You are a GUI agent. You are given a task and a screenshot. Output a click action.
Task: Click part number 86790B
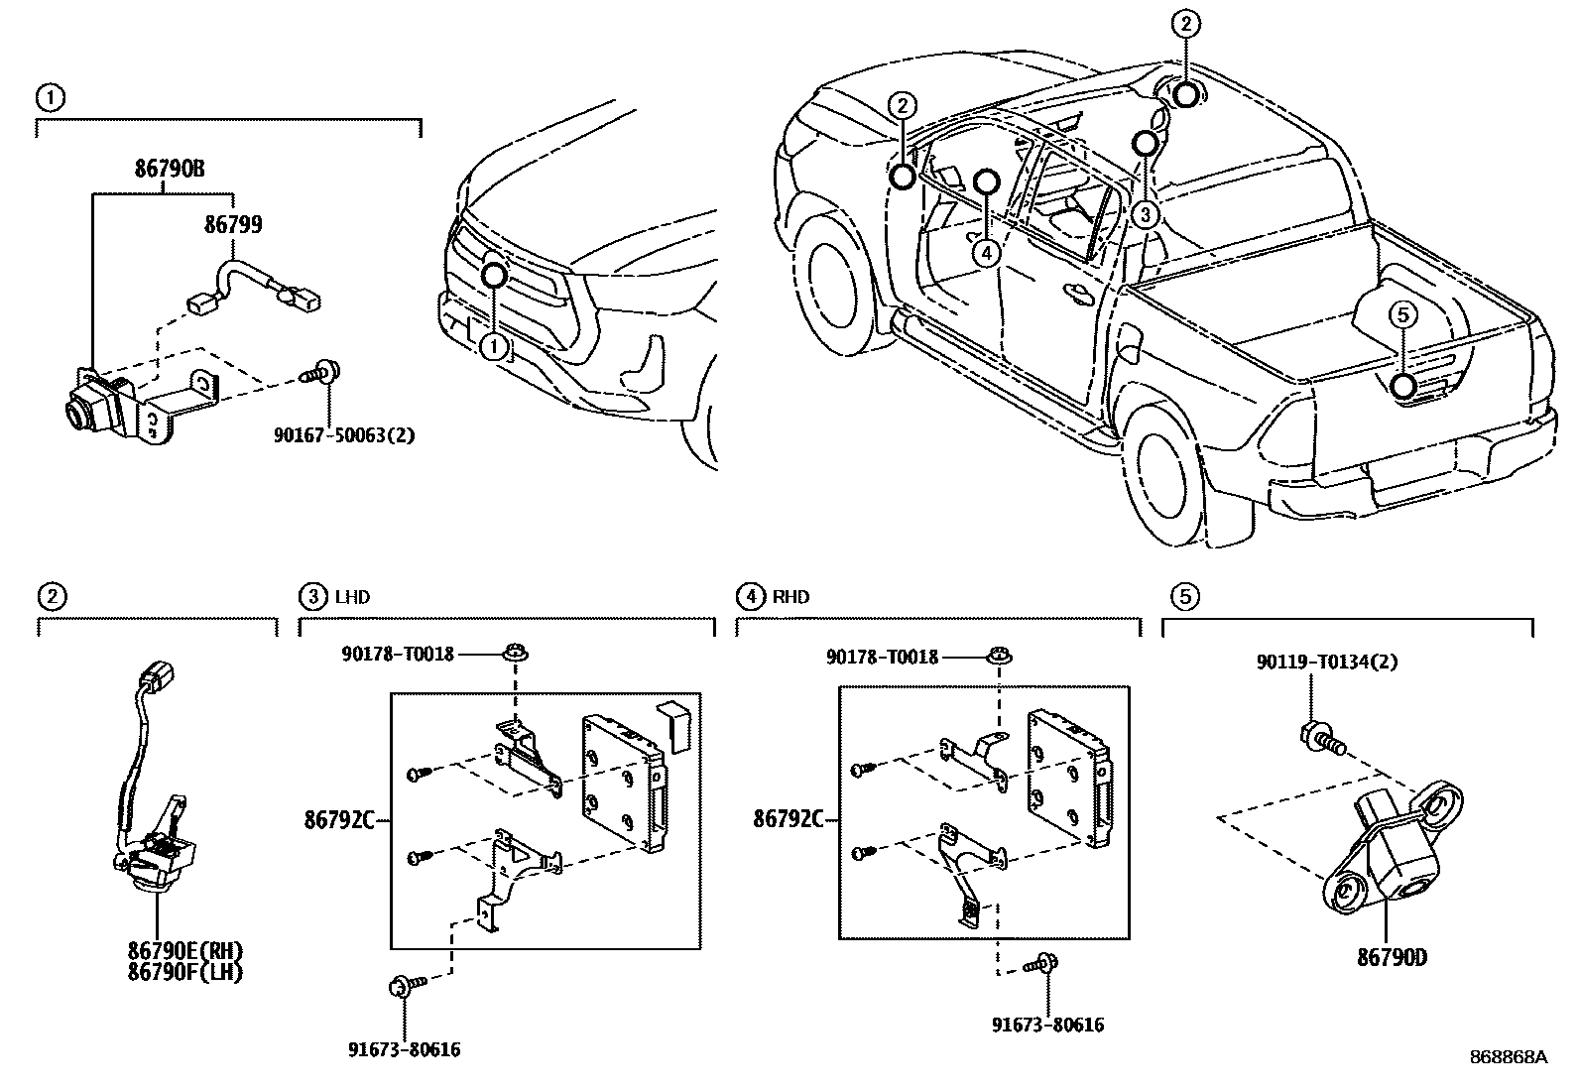tap(170, 169)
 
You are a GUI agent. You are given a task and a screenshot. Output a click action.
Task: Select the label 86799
tap(233, 225)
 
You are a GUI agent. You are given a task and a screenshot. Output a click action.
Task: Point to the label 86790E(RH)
tap(184, 951)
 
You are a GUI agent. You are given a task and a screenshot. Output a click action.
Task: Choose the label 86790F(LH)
tap(184, 972)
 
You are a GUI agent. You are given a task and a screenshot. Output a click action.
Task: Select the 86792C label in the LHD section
tap(339, 819)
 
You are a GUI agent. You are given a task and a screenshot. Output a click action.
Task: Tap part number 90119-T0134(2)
tap(1326, 663)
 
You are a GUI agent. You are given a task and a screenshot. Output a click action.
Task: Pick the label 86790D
tap(1392, 958)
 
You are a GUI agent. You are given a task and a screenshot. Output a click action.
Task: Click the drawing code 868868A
tap(1508, 1057)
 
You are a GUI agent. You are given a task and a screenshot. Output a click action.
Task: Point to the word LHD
tap(352, 597)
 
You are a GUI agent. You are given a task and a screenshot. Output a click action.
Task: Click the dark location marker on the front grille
tap(493, 275)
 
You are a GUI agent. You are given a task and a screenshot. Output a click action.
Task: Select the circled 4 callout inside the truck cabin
tap(985, 253)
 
